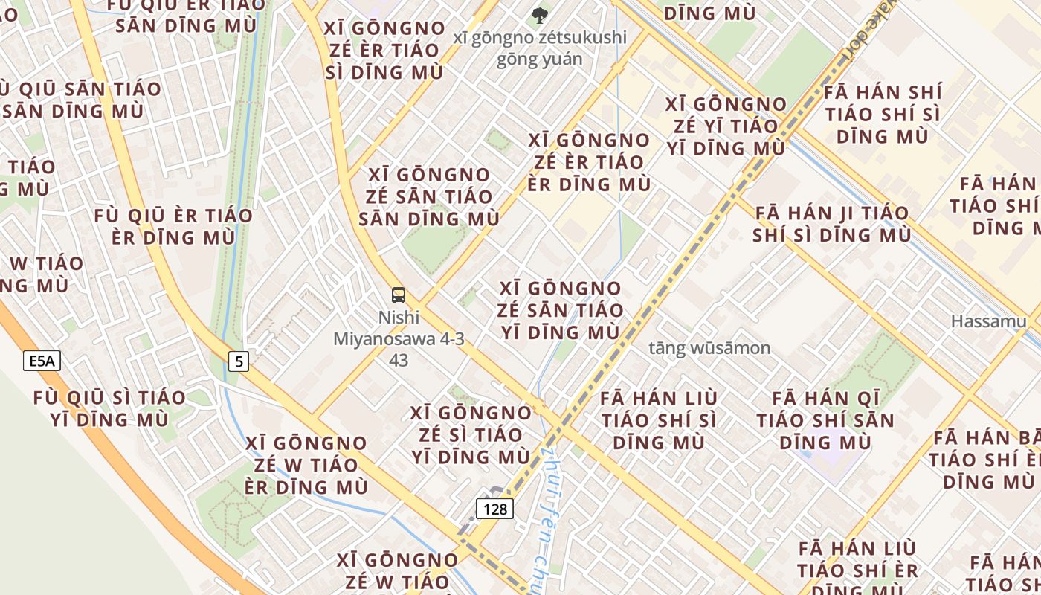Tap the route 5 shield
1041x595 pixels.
tap(238, 361)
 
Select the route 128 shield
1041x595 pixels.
tap(494, 509)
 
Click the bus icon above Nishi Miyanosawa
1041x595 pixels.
tap(399, 295)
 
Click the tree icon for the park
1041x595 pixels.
tap(539, 14)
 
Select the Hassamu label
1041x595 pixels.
tap(988, 321)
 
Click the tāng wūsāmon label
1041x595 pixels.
tap(709, 347)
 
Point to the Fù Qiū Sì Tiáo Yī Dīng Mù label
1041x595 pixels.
tap(109, 408)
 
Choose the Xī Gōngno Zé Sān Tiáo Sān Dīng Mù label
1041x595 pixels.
tap(429, 197)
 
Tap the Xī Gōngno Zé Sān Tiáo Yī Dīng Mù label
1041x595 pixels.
tap(560, 310)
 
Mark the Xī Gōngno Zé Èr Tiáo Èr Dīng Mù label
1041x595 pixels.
tap(589, 162)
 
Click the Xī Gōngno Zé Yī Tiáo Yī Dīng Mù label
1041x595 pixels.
tap(726, 126)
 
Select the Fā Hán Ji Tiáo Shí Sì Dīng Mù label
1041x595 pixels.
tap(831, 224)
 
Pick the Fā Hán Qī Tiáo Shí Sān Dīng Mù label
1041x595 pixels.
tap(825, 420)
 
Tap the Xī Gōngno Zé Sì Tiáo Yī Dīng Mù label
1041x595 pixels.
tap(471, 434)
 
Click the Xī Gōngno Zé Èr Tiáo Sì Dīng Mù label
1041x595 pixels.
tap(384, 51)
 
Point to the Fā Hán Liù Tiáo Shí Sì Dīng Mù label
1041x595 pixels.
tap(659, 420)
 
